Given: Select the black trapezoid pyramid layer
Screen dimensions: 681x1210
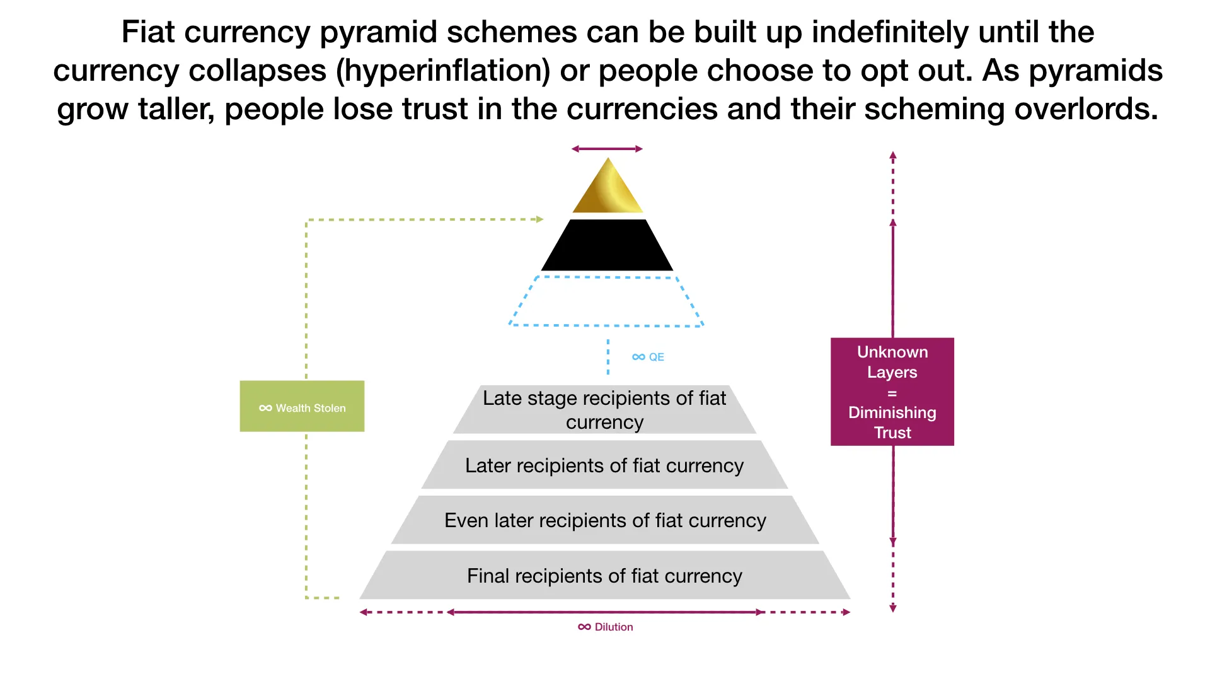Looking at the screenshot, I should coord(607,245).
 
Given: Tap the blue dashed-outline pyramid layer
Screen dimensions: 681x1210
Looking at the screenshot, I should coord(606,301).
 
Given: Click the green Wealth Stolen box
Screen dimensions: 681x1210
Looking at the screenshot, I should coord(302,406).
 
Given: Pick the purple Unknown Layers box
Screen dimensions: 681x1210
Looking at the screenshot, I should coord(892,392).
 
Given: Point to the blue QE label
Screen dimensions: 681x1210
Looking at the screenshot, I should coord(648,357).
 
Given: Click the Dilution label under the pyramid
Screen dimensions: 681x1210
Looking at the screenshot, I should coord(606,627).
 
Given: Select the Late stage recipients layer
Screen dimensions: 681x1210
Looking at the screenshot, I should coord(604,410).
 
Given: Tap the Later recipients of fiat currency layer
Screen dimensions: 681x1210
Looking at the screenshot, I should coord(604,465).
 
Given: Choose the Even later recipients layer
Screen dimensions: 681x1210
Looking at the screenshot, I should coord(605,520).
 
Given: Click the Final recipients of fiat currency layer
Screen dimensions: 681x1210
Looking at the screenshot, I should coord(604,576).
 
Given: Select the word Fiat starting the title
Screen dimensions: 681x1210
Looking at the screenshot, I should coord(147,32).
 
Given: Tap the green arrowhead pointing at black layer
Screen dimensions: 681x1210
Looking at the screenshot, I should coord(539,219).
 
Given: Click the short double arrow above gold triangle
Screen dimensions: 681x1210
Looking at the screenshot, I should coord(607,149).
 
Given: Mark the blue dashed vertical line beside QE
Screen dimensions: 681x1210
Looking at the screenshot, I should coord(608,357).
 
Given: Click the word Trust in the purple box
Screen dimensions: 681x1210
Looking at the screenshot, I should coord(892,433).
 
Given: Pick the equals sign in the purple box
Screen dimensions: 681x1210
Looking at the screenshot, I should coord(892,393).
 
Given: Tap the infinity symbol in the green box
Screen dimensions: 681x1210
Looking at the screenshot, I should coord(265,408).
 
